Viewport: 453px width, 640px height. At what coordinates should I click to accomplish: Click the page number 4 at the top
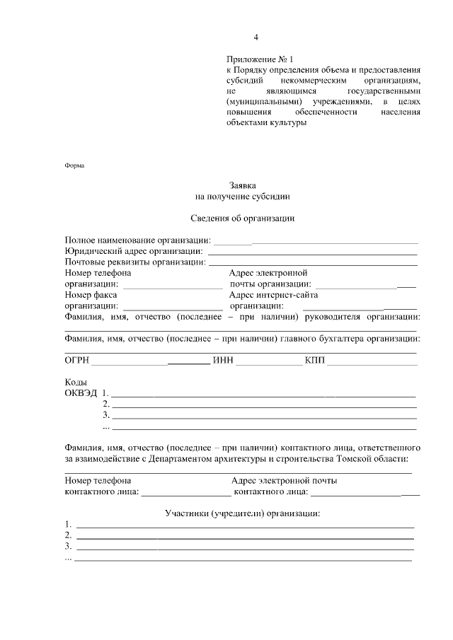click(256, 37)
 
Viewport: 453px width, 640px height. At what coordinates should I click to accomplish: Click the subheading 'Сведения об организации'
click(242, 218)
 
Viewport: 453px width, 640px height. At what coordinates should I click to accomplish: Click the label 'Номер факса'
click(88, 295)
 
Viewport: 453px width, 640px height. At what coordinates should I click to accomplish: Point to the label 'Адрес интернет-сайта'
click(273, 295)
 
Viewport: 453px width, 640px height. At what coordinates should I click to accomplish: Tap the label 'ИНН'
click(223, 361)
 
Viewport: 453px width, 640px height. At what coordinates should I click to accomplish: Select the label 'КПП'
click(314, 361)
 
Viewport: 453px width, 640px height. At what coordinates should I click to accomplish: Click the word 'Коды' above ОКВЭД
click(76, 383)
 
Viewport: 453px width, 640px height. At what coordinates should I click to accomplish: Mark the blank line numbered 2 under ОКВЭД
click(263, 407)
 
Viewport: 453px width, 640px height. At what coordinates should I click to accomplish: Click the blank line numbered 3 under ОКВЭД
click(263, 417)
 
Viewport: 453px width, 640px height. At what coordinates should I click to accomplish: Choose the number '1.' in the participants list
click(68, 525)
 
